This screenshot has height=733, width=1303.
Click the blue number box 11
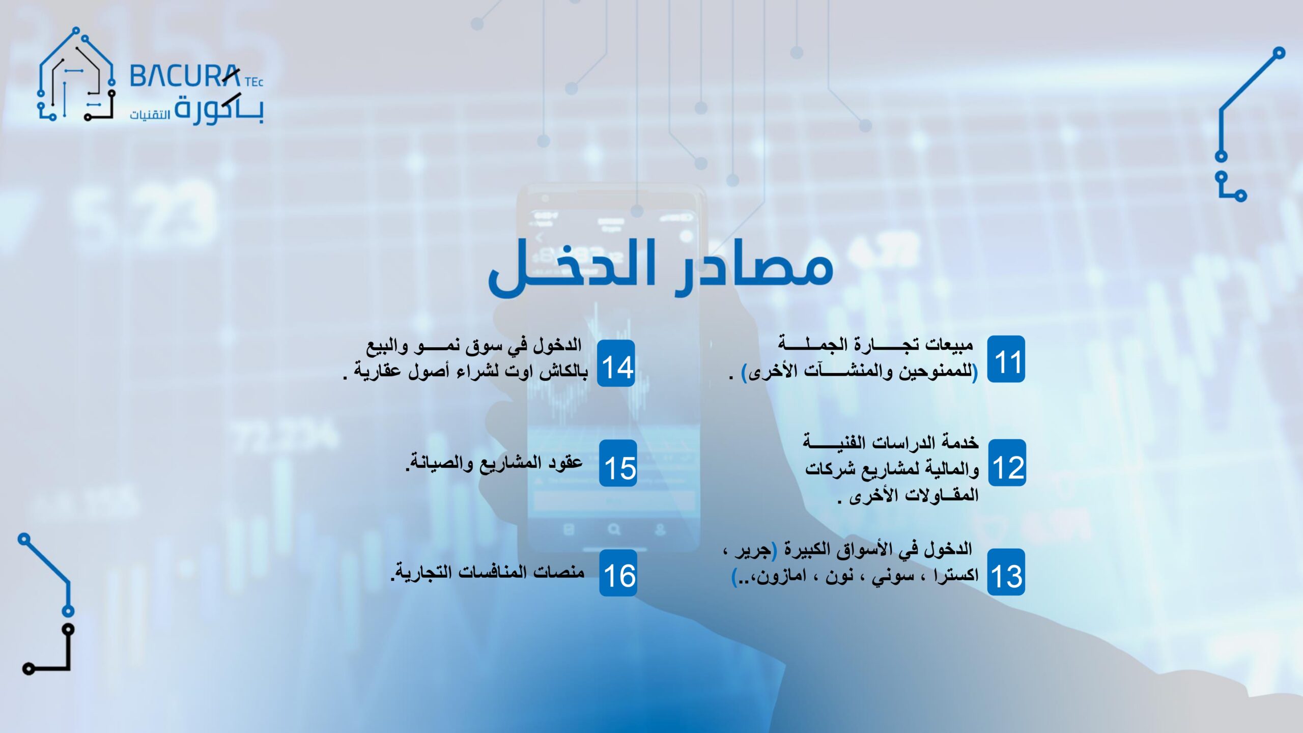point(1006,359)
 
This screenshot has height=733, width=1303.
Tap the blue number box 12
point(1007,463)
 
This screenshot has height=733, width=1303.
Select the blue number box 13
point(1006,572)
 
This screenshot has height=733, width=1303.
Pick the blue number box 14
point(616,363)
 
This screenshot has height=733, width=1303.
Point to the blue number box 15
point(618,463)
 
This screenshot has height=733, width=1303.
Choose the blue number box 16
point(618,573)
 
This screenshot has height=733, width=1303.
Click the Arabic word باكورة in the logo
point(219,108)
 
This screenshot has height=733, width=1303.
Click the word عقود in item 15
point(565,463)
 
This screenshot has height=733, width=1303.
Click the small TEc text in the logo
point(254,82)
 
